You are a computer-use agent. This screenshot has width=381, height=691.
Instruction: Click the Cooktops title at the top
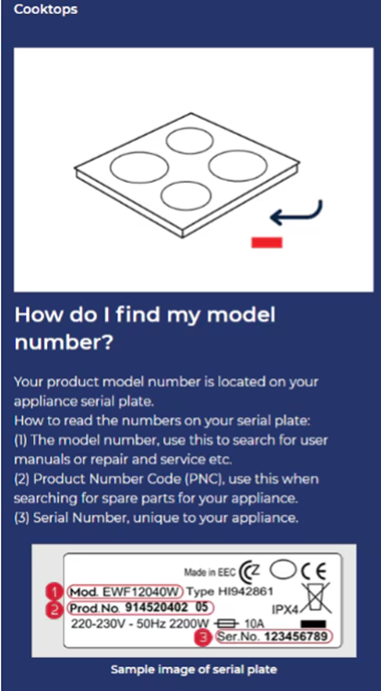pyautogui.click(x=45, y=9)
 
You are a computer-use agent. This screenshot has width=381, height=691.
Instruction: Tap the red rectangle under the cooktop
pyautogui.click(x=267, y=242)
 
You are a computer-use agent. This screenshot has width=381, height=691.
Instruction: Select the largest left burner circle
pyautogui.click(x=139, y=167)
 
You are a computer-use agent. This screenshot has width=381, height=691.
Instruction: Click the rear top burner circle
pyautogui.click(x=189, y=142)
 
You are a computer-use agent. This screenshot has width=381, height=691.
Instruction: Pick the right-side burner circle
pyautogui.click(x=237, y=165)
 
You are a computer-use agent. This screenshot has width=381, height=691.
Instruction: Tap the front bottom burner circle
pyautogui.click(x=185, y=197)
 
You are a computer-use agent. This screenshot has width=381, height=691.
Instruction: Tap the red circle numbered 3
pyautogui.click(x=202, y=637)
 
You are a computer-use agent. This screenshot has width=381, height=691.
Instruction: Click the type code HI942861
pyautogui.click(x=245, y=591)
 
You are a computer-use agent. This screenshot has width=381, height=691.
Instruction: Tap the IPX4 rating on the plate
pyautogui.click(x=285, y=610)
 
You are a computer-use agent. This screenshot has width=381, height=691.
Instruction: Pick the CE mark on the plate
pyautogui.click(x=313, y=572)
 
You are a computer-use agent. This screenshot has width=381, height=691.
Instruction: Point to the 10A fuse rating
pyautogui.click(x=254, y=624)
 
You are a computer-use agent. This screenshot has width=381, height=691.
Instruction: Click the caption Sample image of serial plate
pyautogui.click(x=194, y=670)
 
